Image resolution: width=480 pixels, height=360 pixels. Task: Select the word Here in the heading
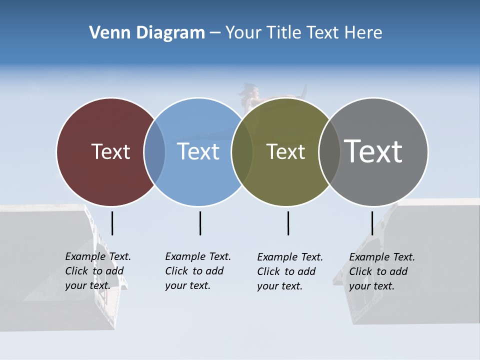pos(363,33)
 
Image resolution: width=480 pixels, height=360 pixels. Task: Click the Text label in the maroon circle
pos(110,151)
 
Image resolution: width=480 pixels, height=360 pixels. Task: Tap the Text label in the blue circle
pos(198,151)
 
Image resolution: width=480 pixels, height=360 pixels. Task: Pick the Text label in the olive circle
pos(285,151)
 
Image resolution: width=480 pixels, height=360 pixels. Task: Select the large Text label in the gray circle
pos(373,151)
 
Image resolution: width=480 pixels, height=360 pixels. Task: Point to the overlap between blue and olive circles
pos(242,151)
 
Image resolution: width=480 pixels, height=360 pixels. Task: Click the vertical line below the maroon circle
pos(112,223)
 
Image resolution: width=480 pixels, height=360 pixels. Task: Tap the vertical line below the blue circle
pos(200,223)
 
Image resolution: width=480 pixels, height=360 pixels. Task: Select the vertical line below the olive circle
pos(288,223)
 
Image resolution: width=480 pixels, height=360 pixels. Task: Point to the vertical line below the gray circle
pos(372,223)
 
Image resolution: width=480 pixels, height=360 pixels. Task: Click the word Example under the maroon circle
pos(85,256)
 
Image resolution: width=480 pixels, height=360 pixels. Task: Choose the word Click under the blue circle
pos(176,271)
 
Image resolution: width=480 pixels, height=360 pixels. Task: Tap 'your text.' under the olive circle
pos(280,286)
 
